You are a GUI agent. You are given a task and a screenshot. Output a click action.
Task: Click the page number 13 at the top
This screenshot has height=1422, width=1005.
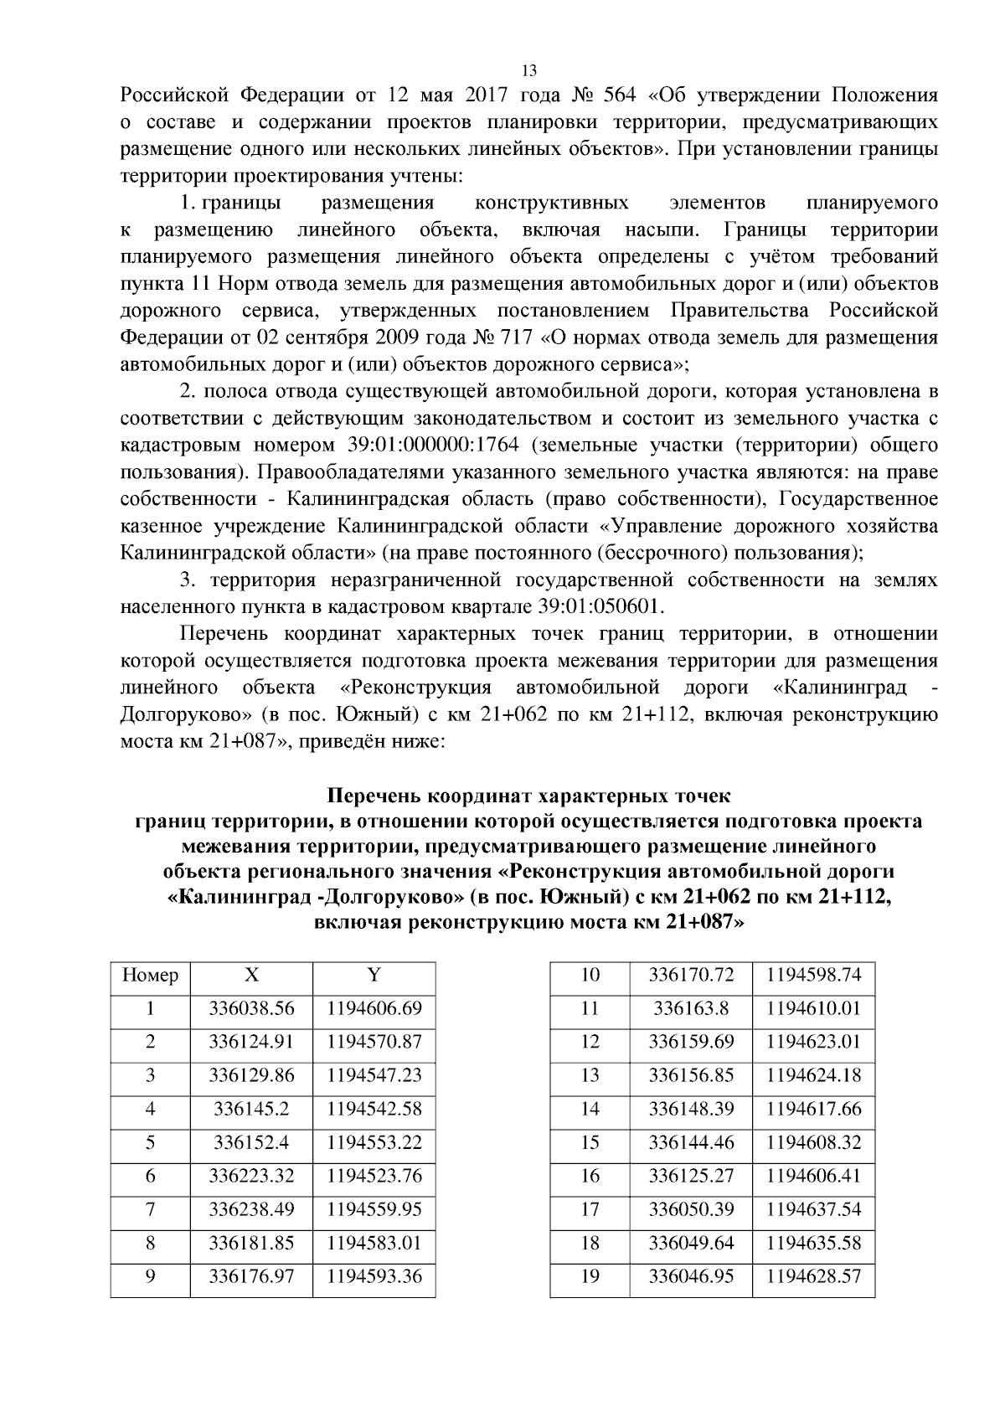click(x=528, y=70)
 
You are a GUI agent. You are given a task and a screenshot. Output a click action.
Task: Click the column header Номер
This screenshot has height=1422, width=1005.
click(x=150, y=975)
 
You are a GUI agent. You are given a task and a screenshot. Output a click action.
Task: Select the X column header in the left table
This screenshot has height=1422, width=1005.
click(x=251, y=975)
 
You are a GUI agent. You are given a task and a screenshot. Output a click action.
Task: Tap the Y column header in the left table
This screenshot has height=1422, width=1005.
click(x=374, y=975)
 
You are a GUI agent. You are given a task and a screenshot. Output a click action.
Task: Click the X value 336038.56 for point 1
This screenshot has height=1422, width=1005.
click(x=251, y=1008)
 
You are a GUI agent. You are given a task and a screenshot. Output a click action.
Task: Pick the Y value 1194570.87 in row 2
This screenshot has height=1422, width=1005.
click(x=374, y=1042)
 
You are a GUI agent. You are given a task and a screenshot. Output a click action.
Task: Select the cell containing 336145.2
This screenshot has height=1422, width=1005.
click(x=251, y=1109)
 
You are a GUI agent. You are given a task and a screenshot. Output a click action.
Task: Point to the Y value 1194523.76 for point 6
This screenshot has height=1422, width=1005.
click(x=374, y=1176)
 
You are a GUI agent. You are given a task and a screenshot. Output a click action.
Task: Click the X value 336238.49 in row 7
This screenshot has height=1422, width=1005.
click(x=251, y=1209)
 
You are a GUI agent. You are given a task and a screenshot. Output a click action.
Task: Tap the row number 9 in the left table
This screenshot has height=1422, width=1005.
click(x=150, y=1276)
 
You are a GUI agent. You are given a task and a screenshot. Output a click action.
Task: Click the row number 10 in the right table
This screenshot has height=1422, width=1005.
click(x=590, y=975)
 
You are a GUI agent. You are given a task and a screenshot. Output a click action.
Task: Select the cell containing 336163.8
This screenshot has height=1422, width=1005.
click(x=691, y=1008)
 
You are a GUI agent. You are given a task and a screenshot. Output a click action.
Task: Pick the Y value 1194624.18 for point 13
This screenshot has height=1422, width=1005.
click(x=813, y=1075)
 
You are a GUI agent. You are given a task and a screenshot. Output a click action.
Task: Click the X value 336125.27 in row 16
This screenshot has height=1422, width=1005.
click(x=691, y=1176)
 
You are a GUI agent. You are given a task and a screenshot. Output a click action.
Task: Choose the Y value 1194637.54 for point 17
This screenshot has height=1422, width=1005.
click(x=813, y=1209)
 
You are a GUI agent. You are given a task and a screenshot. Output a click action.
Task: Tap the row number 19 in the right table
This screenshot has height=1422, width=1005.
click(x=590, y=1276)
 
